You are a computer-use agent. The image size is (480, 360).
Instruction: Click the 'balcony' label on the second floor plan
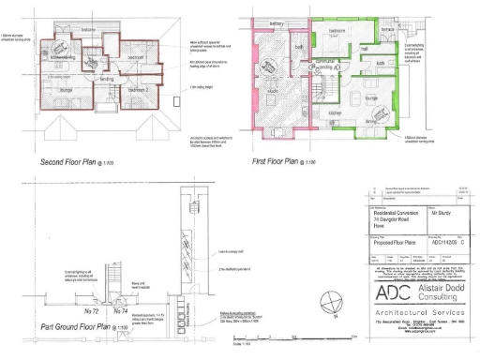[86, 31]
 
